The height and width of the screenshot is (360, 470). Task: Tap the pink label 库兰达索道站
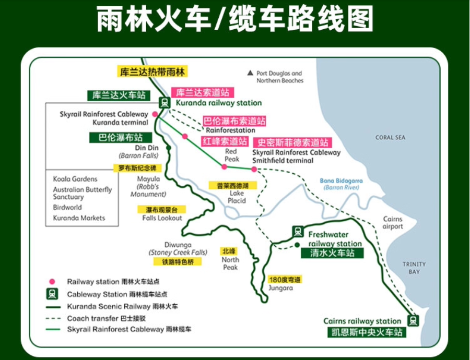click(x=203, y=92)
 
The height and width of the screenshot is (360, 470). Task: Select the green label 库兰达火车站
click(x=119, y=95)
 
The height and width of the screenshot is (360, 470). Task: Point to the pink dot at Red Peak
click(x=224, y=167)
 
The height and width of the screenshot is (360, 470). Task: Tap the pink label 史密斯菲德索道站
click(x=291, y=142)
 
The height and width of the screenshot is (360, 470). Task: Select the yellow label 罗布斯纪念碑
click(x=137, y=168)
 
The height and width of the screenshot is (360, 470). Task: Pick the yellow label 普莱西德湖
click(x=233, y=185)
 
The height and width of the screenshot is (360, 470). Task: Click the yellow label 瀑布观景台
click(x=161, y=209)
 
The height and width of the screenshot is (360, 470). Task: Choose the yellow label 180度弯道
click(x=285, y=279)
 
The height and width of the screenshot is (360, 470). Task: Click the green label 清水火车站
click(x=332, y=253)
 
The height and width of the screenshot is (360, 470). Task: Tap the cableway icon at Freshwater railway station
click(x=298, y=231)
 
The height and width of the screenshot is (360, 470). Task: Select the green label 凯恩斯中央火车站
click(x=363, y=332)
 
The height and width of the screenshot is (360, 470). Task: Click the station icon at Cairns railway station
click(x=414, y=320)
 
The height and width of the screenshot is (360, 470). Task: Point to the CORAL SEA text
click(x=390, y=138)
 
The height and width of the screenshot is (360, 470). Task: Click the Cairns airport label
click(x=393, y=223)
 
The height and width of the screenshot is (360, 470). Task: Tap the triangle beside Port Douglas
click(x=250, y=73)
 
